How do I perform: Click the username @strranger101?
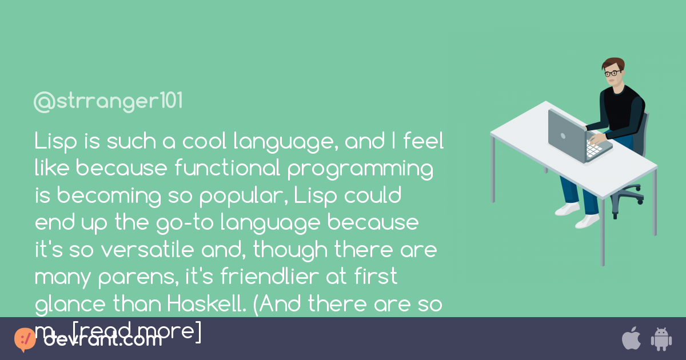click(108, 102)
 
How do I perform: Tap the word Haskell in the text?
click(202, 305)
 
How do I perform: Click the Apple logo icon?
click(631, 338)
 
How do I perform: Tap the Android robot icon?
click(661, 339)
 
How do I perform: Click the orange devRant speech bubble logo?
click(25, 339)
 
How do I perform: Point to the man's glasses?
click(612, 73)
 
